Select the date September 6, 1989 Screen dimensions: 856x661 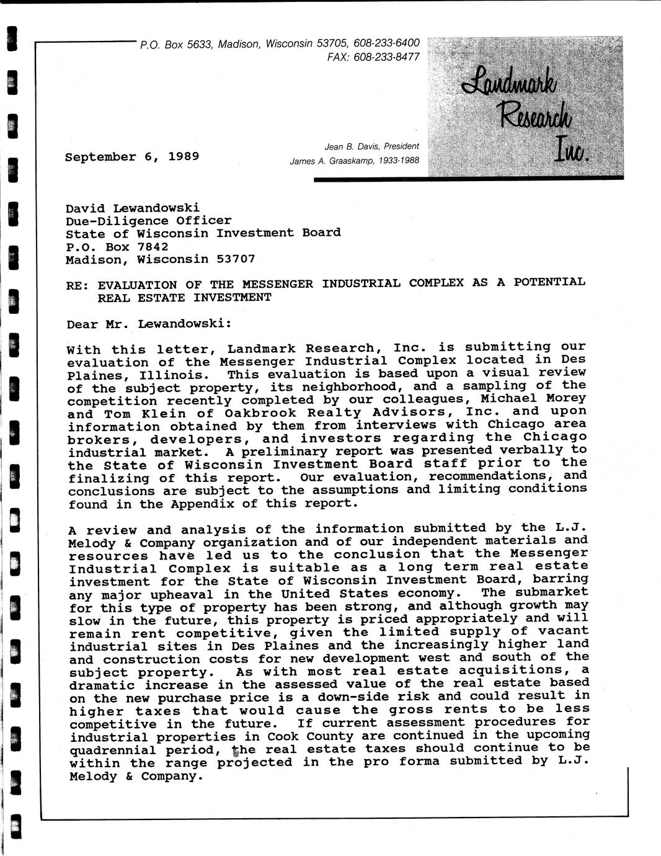coord(132,156)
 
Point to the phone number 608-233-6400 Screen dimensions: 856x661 coord(386,43)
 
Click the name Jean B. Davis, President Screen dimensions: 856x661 coord(371,147)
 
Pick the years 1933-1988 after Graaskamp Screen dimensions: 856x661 coord(396,161)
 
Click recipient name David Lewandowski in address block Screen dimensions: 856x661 coord(133,208)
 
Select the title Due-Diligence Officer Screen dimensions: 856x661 coord(148,221)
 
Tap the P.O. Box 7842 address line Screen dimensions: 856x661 coord(117,246)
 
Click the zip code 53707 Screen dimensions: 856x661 coord(236,259)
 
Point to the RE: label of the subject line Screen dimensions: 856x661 coord(78,285)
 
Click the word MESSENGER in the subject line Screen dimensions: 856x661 coord(277,284)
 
